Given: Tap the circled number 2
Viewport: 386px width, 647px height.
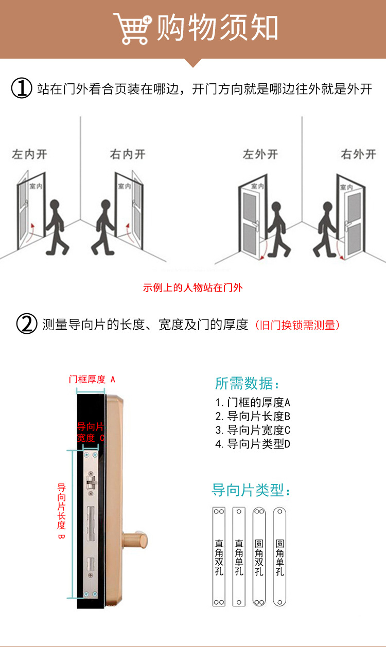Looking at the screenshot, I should (x=27, y=325).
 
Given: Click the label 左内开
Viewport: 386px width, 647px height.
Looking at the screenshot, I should (x=29, y=154).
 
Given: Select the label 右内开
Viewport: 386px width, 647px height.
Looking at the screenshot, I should (x=128, y=154).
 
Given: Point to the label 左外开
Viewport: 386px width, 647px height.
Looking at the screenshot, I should (x=260, y=154).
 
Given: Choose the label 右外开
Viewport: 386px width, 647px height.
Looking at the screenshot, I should (x=358, y=154).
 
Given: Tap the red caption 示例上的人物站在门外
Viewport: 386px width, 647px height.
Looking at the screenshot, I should (x=192, y=287).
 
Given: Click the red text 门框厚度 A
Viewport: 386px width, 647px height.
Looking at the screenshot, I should (x=92, y=380).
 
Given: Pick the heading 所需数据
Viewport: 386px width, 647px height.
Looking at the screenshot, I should (x=247, y=384).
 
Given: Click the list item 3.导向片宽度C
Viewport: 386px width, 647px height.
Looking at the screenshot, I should (x=253, y=430).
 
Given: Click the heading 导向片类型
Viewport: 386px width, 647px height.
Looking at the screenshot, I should (x=251, y=490).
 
